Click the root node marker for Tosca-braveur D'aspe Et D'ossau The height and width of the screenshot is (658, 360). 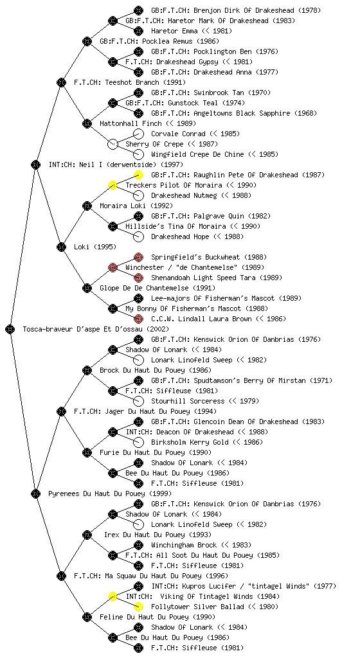click(x=10, y=329)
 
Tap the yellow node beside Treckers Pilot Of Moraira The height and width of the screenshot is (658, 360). click(x=113, y=185)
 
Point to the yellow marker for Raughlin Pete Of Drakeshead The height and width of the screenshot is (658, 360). click(x=138, y=175)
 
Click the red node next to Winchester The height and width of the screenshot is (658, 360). click(x=113, y=267)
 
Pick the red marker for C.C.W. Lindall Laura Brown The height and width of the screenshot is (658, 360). click(x=138, y=319)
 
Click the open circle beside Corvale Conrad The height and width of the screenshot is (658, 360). click(x=138, y=134)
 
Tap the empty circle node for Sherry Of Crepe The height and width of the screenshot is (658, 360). click(x=113, y=144)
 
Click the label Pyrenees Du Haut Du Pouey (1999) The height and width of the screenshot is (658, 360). click(x=110, y=493)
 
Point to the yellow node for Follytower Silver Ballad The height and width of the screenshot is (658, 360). click(x=138, y=607)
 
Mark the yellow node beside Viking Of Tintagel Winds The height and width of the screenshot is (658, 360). click(x=113, y=596)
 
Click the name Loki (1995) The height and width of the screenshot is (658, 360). click(x=95, y=247)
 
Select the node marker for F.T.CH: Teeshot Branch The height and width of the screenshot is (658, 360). click(x=61, y=82)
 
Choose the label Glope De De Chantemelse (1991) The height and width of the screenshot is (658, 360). click(x=157, y=288)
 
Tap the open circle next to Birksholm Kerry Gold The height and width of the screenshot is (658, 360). click(x=138, y=442)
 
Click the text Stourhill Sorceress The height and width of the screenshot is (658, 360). click(x=188, y=401)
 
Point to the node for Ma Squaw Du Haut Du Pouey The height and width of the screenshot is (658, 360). click(x=61, y=576)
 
